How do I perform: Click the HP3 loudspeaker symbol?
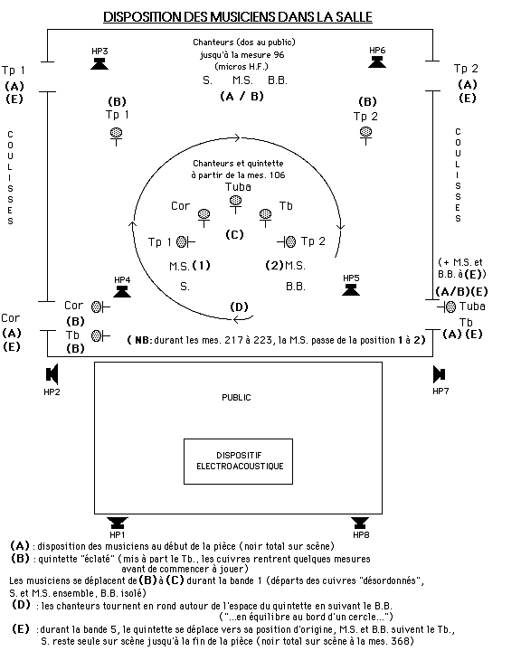[99, 63]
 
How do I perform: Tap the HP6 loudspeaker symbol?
[377, 61]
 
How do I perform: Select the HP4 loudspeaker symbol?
[122, 291]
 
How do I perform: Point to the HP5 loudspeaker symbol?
[351, 290]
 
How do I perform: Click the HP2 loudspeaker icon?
[52, 374]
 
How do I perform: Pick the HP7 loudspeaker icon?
[440, 374]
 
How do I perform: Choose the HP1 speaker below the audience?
[118, 523]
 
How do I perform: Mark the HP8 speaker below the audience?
[360, 523]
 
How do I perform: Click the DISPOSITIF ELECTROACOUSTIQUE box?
[238, 461]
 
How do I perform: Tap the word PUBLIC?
[236, 398]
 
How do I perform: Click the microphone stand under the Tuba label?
[235, 204]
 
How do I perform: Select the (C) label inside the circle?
[234, 234]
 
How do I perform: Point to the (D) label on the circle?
[239, 307]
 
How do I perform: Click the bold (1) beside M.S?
[202, 265]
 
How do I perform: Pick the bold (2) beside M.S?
[274, 265]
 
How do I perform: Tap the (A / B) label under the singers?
[242, 97]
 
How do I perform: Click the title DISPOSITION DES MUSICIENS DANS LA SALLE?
[238, 16]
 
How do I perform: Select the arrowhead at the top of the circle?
[237, 137]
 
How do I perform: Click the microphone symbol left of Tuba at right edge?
[447, 307]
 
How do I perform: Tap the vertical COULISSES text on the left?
[10, 178]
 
